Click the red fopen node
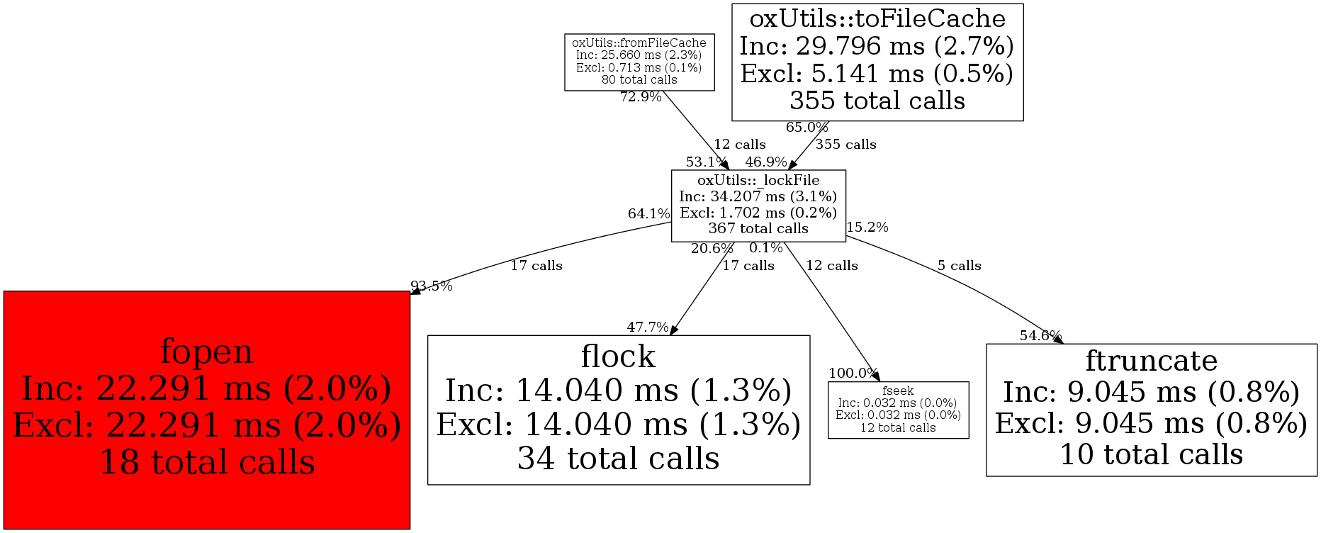pos(206,410)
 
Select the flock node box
pos(618,410)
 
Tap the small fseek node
pos(898,410)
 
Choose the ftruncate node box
pos(1151,410)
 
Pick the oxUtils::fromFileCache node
pos(639,62)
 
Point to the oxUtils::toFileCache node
pos(877,62)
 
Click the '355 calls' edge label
pos(845,145)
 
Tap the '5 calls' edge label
pos(959,266)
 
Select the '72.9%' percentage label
pos(641,97)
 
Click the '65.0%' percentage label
pos(806,128)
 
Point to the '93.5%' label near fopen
pos(432,286)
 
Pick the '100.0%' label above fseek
pos(853,374)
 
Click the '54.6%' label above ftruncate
pos(1040,336)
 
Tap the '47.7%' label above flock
pos(647,327)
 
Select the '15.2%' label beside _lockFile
pos(867,228)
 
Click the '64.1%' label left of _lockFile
pos(648,214)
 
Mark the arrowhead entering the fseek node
pos(876,377)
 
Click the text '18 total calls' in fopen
pos(207,462)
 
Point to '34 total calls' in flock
pos(618,458)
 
